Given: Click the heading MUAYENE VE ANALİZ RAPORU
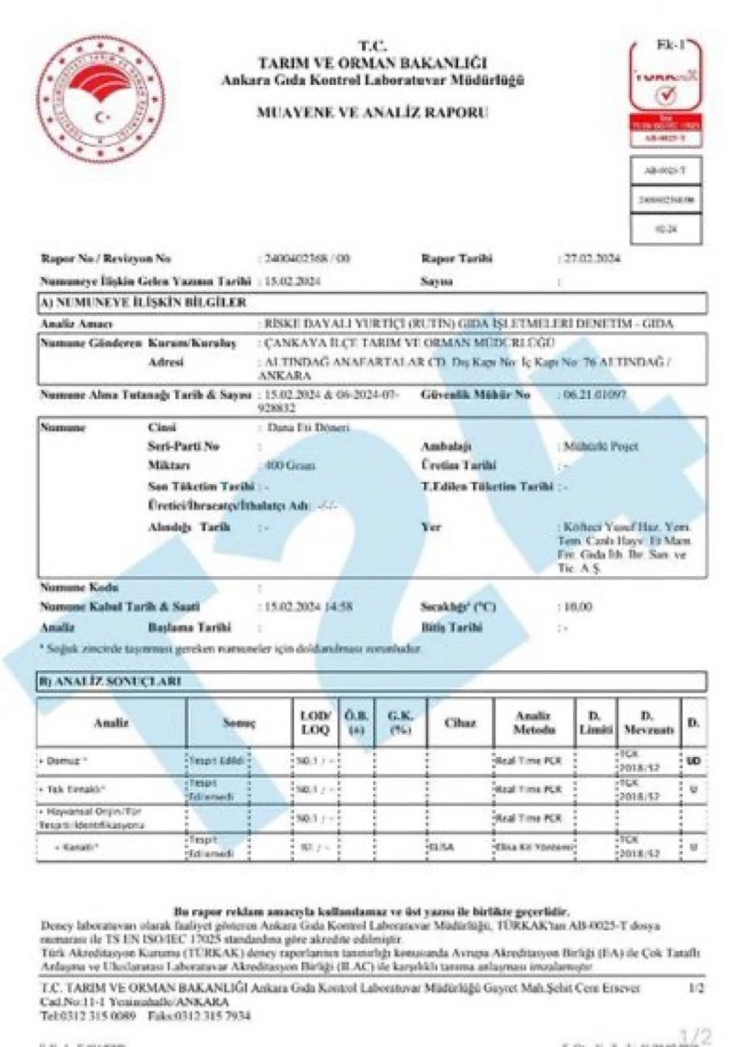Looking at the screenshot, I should [x=371, y=113].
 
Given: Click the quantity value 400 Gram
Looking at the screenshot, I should [x=290, y=465].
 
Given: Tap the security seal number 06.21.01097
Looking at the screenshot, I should [x=593, y=395].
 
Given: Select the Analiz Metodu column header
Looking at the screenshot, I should [x=535, y=722].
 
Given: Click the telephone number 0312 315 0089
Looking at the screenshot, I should [x=96, y=1015].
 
